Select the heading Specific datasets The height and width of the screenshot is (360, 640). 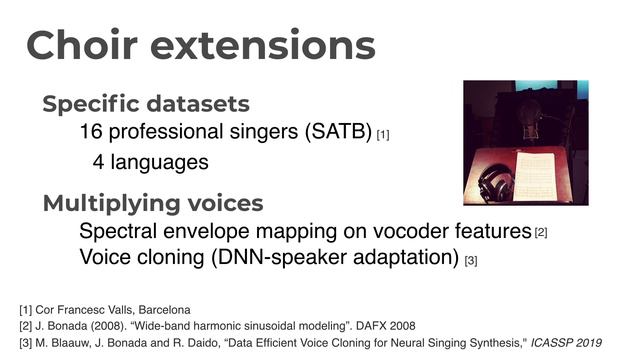point(145,104)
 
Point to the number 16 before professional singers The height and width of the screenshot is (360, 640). point(91,132)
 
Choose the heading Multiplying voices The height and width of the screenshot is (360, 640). point(152,204)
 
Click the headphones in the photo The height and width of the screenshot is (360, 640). point(497,184)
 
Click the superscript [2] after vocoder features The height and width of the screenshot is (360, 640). point(541,234)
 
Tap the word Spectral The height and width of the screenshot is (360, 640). point(114,232)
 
